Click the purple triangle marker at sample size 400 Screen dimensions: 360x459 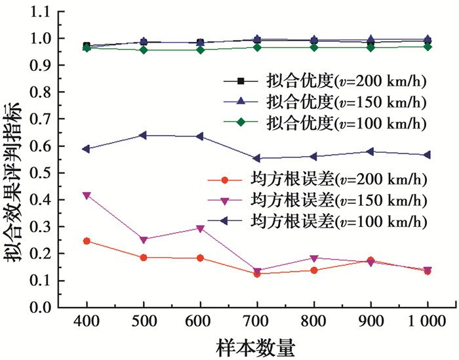tap(87, 195)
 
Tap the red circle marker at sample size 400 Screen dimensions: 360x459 tap(87, 241)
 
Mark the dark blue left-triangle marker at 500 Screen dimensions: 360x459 tap(143, 135)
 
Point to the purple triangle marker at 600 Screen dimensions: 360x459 tap(200, 229)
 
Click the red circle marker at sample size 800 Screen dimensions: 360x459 tap(314, 270)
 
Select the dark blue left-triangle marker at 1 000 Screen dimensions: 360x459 tap(428, 155)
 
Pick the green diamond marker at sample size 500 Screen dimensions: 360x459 tap(143, 50)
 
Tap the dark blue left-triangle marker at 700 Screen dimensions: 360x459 tap(257, 158)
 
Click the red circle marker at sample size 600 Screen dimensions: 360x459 tap(200, 258)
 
